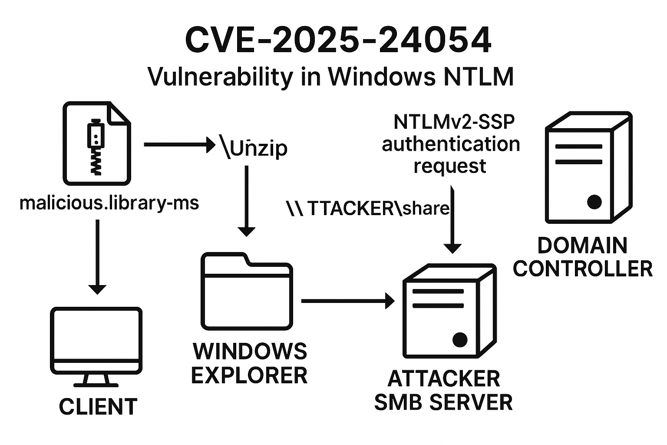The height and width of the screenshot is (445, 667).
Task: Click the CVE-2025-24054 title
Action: pyautogui.click(x=338, y=40)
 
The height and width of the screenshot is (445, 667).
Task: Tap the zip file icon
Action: pyautogui.click(x=97, y=143)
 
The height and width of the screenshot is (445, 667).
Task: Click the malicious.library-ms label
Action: pyautogui.click(x=109, y=203)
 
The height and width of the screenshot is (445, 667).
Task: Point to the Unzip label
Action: pyautogui.click(x=254, y=147)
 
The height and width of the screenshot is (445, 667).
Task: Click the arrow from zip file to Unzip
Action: pyautogui.click(x=180, y=145)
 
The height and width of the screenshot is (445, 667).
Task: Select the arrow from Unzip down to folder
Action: pyautogui.click(x=247, y=201)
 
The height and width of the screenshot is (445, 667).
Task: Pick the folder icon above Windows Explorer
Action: pyautogui.click(x=247, y=291)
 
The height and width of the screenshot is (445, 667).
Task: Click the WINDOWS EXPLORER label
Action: pyautogui.click(x=250, y=363)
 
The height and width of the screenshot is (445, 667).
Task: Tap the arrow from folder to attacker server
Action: pyautogui.click(x=348, y=301)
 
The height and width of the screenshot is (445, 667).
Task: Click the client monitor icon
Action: pyautogui.click(x=96, y=347)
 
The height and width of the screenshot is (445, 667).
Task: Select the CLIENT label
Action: pyautogui.click(x=98, y=406)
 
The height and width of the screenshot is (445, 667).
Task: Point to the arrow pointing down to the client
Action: pyautogui.click(x=97, y=257)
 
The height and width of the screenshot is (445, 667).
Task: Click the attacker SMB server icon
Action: pyautogui.click(x=449, y=311)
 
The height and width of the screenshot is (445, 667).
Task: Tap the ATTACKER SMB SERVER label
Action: pyautogui.click(x=443, y=391)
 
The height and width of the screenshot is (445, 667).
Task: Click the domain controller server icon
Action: pyautogui.click(x=589, y=167)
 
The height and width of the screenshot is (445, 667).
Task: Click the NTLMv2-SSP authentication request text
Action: pyautogui.click(x=451, y=144)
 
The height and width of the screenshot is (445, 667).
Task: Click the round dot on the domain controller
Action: pyautogui.click(x=594, y=202)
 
